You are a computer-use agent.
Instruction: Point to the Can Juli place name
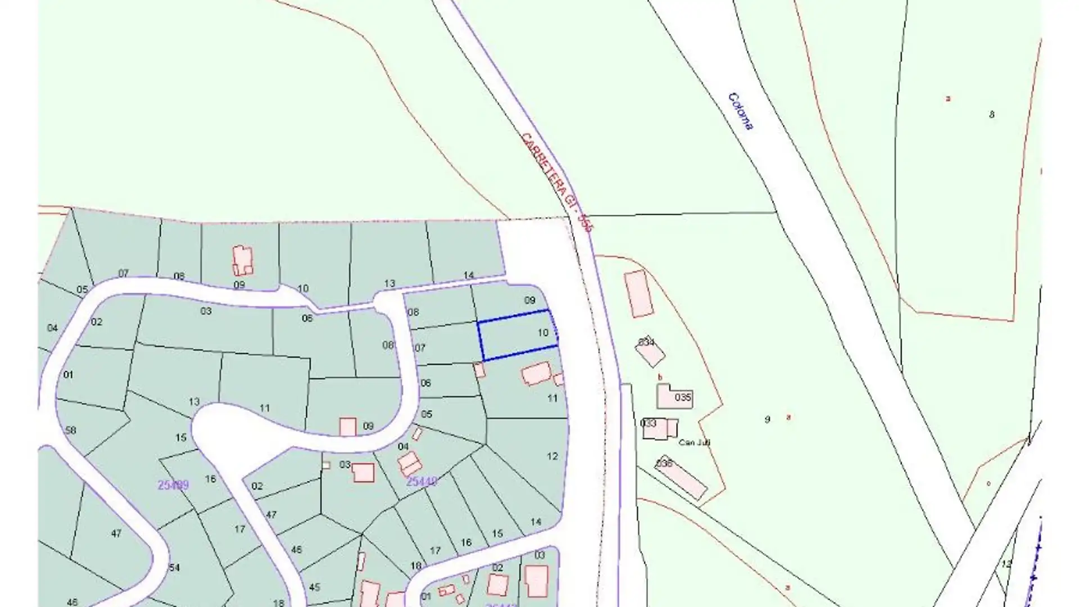694,442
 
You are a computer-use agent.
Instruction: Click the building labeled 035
674,397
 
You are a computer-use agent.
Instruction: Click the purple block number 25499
173,485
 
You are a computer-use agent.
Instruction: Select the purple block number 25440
421,482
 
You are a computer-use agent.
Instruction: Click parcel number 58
70,431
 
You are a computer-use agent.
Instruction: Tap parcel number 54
175,567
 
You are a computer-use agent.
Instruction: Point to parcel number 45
314,587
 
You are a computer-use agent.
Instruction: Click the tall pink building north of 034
639,294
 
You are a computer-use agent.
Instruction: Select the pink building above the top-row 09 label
243,260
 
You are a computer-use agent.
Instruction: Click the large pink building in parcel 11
537,374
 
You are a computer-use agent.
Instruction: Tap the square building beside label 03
363,472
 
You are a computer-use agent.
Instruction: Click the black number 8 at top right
991,115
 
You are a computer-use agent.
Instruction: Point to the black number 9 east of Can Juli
767,419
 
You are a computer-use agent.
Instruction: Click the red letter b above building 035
660,377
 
